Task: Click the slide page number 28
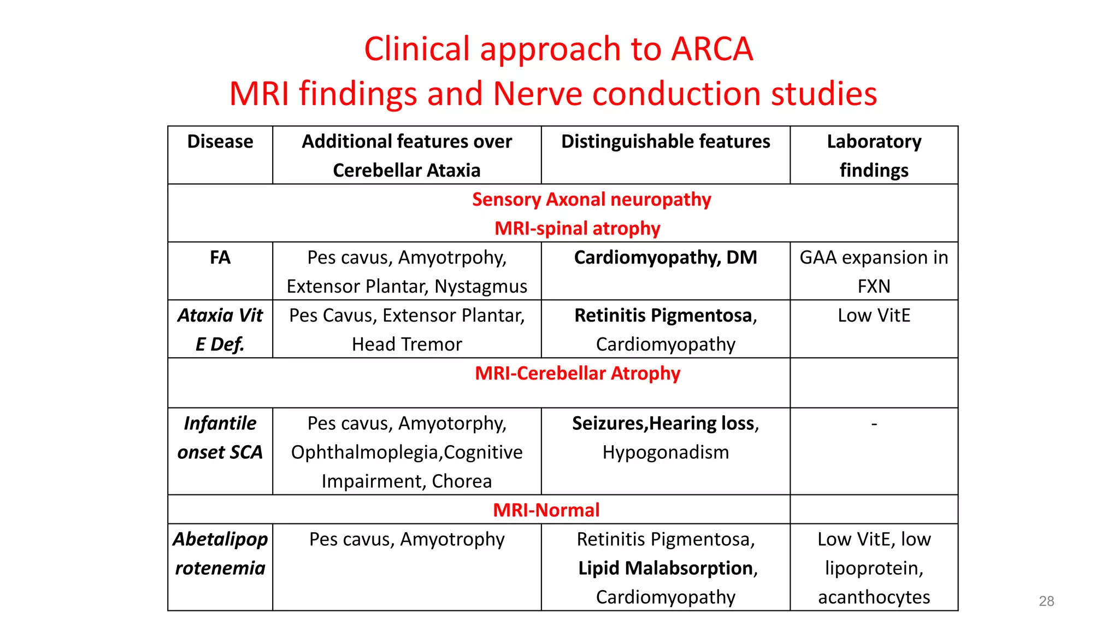pos(1046,601)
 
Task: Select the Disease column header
pos(220,142)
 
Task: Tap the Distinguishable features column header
pos(665,142)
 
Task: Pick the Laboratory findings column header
pos(874,155)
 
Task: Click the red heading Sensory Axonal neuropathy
pos(591,200)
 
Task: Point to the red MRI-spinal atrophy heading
pos(577,228)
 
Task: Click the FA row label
pos(220,258)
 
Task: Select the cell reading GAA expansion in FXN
pos(874,271)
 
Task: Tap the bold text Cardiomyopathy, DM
pos(665,258)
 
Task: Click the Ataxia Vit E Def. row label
pos(220,329)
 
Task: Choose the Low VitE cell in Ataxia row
pos(874,316)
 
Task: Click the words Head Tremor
pos(407,345)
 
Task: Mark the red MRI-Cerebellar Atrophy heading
pos(577,374)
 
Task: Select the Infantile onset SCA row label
pos(220,437)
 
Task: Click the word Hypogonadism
pos(665,452)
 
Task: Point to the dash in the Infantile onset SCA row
pos(874,424)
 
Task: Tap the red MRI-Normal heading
pos(546,510)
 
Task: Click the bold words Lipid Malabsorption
pos(665,568)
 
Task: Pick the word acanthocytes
pos(874,597)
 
